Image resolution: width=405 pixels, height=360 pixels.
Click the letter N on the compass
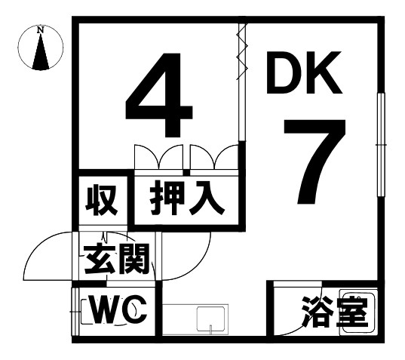pos(40,30)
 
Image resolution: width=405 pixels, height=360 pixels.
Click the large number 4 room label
pos(159,95)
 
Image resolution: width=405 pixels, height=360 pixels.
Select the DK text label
pos(304,72)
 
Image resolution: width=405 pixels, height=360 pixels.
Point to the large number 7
pos(314,162)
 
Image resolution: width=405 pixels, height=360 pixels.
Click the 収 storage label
pos(102,200)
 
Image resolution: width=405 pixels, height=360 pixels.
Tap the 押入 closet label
pos(187,198)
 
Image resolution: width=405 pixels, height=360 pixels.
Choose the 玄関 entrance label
pos(117,259)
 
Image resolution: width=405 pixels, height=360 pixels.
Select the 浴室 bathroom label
pos(335,312)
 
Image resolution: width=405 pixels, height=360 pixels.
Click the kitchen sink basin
pos(210,319)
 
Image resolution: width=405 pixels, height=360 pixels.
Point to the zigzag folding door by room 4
pos(242,51)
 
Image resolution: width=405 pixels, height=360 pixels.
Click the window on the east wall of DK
pos(381,145)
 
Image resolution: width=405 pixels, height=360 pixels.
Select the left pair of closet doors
pos(159,157)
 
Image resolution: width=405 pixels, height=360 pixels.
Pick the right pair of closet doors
pos(214,157)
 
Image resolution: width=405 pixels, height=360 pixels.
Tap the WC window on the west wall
pos(75,312)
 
